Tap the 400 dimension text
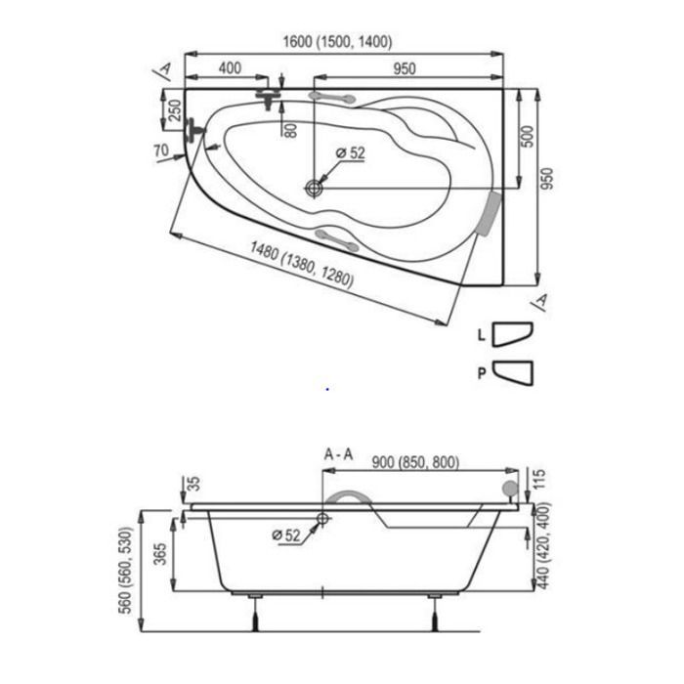[230, 68]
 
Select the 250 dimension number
[175, 110]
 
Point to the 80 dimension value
[290, 130]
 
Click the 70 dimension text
[161, 150]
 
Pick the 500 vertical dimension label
[528, 137]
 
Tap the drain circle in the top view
[314, 188]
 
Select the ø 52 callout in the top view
[350, 153]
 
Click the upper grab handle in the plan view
[332, 98]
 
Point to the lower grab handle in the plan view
[337, 239]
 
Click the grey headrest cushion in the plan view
[491, 213]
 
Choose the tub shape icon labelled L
[512, 334]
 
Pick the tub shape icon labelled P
[513, 372]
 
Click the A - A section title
[338, 454]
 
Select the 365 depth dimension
[161, 554]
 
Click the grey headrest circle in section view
[510, 488]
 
